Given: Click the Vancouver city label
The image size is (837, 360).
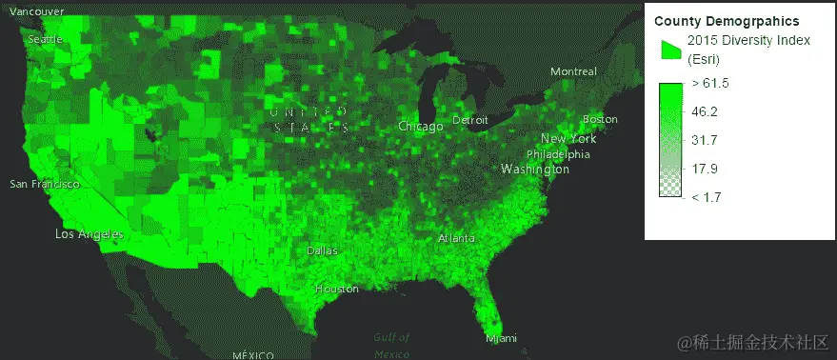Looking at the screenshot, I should (32, 11).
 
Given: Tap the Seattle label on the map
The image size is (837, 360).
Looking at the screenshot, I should (45, 40).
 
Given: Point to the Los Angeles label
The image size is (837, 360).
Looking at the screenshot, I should (90, 233).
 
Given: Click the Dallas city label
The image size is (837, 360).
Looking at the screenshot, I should (322, 250).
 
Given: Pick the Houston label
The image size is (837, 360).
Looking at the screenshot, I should (337, 288).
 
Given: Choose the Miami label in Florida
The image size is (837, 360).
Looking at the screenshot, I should (502, 338).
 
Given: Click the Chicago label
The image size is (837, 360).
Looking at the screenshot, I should (421, 127).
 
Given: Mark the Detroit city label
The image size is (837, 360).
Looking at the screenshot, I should (469, 120).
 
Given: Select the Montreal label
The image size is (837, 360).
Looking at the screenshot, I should (573, 71).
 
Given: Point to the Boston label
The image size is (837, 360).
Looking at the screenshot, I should (600, 119).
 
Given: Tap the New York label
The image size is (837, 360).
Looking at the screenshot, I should (568, 139).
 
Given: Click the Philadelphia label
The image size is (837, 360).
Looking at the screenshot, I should (559, 154).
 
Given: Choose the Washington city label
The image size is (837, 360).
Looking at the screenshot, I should (535, 170).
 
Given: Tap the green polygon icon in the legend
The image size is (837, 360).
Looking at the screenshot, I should (670, 48).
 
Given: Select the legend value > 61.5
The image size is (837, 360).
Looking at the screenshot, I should (710, 84).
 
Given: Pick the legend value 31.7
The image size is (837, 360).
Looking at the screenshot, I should (705, 140).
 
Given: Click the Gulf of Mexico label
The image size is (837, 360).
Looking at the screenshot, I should (391, 345).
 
